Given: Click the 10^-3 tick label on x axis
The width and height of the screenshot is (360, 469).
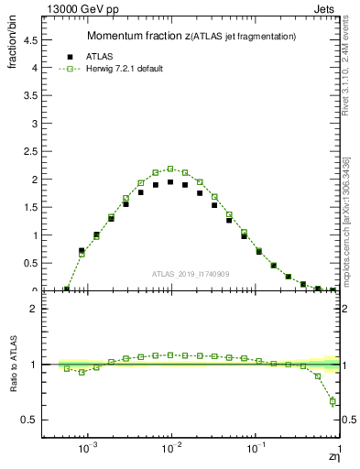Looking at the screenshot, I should coord(88,450).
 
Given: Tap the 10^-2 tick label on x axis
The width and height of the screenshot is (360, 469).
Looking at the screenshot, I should coord(171,450).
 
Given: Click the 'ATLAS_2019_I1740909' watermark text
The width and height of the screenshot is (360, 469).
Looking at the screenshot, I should coord(191,273).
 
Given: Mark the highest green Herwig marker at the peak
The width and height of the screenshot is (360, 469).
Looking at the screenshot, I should coord(170,169).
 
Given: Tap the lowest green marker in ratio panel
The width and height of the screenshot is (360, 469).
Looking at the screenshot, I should coord(333,401).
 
